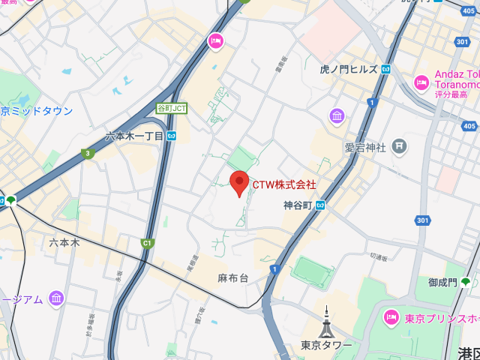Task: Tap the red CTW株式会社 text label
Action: click(283, 184)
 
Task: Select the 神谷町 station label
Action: click(298, 205)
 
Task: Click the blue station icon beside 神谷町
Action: click(320, 205)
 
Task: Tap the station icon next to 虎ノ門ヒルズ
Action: click(385, 69)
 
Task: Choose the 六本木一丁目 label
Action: click(134, 136)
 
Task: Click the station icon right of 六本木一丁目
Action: click(172, 136)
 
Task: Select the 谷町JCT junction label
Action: click(171, 109)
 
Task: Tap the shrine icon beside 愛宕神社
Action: click(399, 147)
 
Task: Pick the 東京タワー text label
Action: click(326, 345)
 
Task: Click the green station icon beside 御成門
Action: click(466, 282)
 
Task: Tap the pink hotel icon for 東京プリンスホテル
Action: click(391, 318)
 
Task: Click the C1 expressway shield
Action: click(147, 242)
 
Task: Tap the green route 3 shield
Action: click(88, 154)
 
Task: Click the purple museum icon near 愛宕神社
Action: click(337, 116)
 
